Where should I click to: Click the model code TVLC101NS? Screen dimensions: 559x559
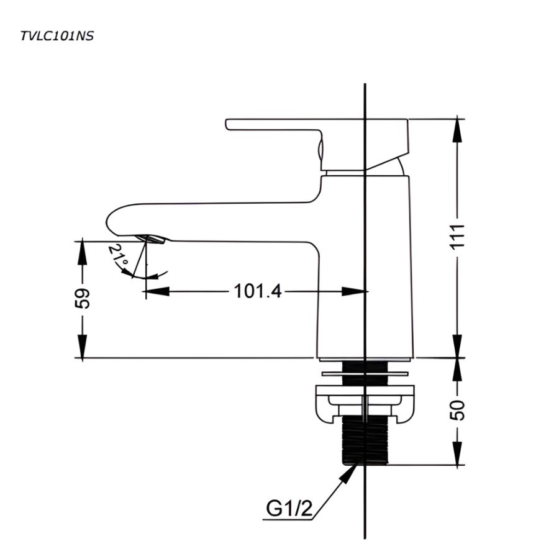(x=57, y=36)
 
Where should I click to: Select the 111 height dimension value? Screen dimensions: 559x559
(x=458, y=236)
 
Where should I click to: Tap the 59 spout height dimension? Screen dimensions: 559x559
(x=83, y=299)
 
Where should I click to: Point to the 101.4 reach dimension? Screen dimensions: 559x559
(x=257, y=291)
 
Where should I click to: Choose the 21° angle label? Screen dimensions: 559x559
(x=119, y=259)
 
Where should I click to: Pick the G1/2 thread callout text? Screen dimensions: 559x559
(x=289, y=509)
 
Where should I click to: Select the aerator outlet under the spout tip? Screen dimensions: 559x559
(x=153, y=240)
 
